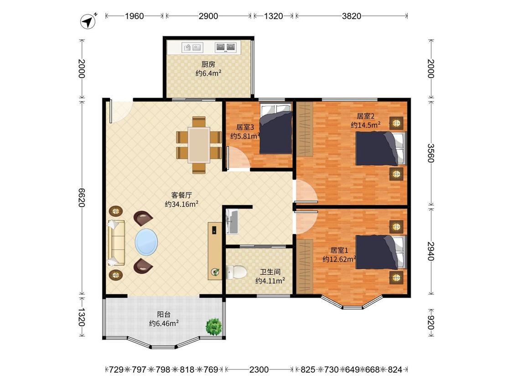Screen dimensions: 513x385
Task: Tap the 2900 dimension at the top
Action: [x=208, y=16]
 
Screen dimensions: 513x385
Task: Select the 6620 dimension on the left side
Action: [x=82, y=198]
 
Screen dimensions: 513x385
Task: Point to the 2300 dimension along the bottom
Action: [x=259, y=369]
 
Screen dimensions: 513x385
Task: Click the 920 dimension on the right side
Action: [x=430, y=323]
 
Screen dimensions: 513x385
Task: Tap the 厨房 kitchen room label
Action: [x=208, y=64]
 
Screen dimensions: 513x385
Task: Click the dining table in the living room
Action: [x=199, y=145]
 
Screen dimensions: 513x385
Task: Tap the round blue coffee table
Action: [x=146, y=242]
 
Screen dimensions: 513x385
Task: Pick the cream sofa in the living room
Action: [x=116, y=243]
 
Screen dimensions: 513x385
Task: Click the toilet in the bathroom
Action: [x=236, y=272]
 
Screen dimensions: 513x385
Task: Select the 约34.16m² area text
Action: [x=182, y=204]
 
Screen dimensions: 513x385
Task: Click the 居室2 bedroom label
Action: [x=365, y=116]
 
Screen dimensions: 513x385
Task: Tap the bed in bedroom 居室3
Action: [x=276, y=129]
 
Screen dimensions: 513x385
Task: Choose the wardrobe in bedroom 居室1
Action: [x=305, y=266]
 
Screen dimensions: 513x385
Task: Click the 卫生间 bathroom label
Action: [x=270, y=272]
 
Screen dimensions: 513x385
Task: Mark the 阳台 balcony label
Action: [x=164, y=315]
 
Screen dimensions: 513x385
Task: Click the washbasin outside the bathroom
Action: [x=232, y=222]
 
